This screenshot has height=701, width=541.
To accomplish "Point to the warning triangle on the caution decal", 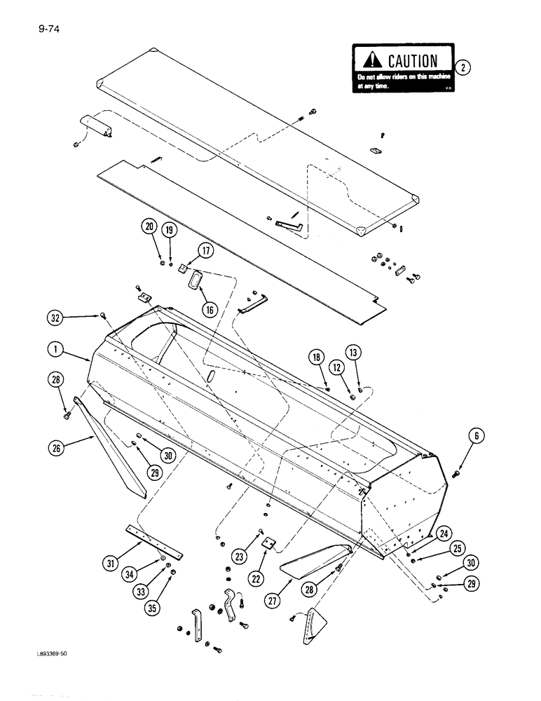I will pos(368,61).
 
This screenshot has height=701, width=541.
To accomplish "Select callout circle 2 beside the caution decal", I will pos(463,67).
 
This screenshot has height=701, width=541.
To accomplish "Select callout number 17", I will pos(205,251).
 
